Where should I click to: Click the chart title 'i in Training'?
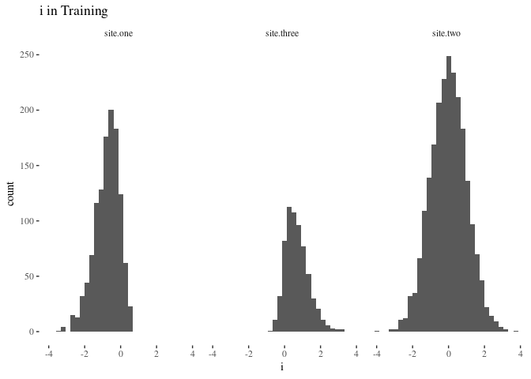[73, 12]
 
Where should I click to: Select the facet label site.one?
[119, 34]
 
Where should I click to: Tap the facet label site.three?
[282, 34]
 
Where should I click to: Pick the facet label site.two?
[446, 34]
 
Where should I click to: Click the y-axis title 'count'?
[11, 193]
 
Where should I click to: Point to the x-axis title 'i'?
[282, 367]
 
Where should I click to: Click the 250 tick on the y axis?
[26, 55]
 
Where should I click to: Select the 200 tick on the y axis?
[26, 111]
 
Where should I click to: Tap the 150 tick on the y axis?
[26, 166]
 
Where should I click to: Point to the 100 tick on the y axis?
[26, 221]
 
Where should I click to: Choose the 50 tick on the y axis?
[28, 276]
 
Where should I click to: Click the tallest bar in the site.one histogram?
[111, 221]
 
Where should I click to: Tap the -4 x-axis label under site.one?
[48, 354]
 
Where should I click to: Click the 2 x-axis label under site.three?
[321, 354]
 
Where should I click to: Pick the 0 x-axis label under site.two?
[448, 354]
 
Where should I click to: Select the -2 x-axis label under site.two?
[412, 354]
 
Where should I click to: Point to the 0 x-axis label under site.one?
[121, 354]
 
